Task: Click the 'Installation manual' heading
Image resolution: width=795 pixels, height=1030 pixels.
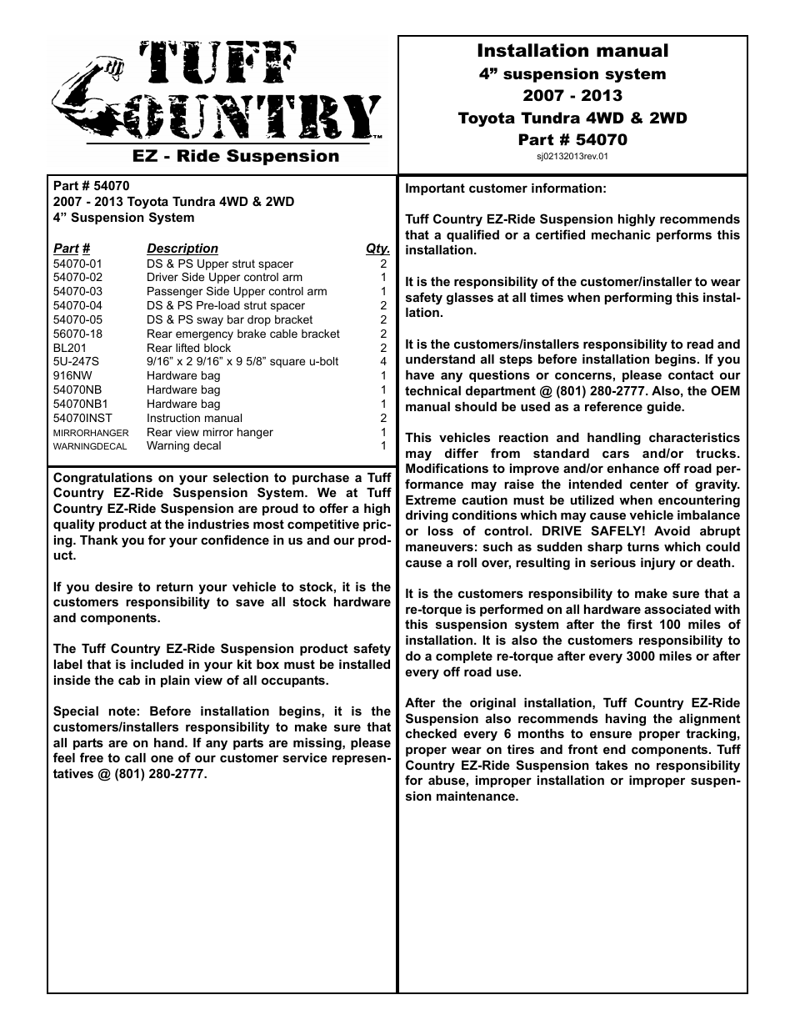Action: [572, 51]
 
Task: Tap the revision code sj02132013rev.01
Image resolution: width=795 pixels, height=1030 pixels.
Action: [572, 155]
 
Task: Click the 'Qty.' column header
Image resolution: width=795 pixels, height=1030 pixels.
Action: [377, 249]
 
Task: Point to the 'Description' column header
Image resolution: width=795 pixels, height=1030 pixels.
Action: [182, 249]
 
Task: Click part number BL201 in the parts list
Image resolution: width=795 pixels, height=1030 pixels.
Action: [70, 348]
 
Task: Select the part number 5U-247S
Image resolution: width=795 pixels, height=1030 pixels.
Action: [76, 362]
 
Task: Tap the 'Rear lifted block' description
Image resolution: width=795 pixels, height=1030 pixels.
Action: [188, 348]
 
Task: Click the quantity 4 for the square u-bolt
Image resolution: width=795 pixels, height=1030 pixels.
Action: [383, 362]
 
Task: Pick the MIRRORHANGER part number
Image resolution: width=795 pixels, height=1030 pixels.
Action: [91, 433]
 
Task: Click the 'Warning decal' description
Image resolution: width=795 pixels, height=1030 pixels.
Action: [183, 446]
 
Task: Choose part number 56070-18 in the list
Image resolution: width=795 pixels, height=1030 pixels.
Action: [77, 334]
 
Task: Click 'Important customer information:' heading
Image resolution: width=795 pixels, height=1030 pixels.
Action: [506, 188]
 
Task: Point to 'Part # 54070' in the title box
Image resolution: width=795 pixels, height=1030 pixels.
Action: [572, 139]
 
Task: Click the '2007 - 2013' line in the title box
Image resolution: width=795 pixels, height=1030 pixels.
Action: [572, 95]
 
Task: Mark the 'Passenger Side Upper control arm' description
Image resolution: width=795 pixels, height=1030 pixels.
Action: [237, 292]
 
